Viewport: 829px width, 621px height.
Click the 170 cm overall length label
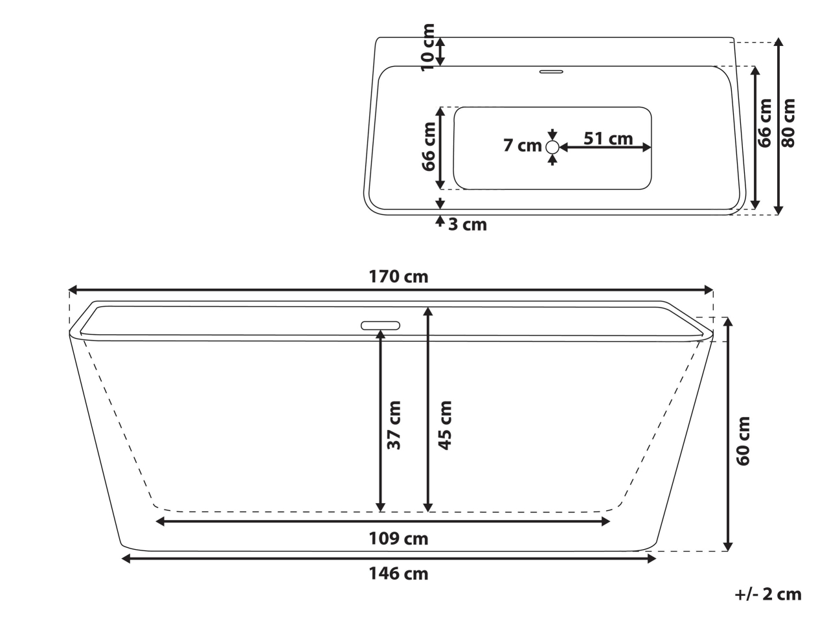[398, 277]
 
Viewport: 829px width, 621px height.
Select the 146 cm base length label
[398, 573]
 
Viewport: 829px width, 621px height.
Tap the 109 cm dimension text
[398, 538]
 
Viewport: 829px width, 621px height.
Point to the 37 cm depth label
[394, 425]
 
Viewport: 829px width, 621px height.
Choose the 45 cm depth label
[444, 425]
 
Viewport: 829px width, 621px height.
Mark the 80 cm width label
[788, 123]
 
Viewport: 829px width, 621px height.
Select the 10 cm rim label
[427, 47]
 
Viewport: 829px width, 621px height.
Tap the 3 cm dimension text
[467, 225]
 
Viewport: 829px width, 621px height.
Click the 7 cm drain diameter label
[522, 146]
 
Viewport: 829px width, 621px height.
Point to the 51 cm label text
[608, 138]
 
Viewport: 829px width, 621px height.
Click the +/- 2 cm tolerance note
[768, 594]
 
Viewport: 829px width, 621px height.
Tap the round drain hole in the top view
[552, 148]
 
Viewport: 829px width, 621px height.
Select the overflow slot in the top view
[552, 71]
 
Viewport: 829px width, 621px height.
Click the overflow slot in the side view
[381, 324]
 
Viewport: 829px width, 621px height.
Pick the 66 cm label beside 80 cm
[765, 123]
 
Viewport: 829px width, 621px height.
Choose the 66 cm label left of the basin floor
[428, 146]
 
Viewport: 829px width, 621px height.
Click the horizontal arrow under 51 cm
[605, 148]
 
